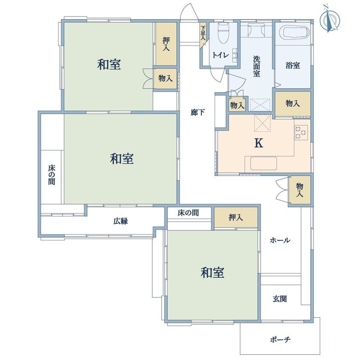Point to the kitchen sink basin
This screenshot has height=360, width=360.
264,163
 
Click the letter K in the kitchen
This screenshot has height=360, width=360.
259,143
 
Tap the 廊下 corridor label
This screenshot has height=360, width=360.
198,112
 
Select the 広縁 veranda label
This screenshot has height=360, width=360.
121,221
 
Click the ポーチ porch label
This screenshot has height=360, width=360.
280,339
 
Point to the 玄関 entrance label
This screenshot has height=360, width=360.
280,299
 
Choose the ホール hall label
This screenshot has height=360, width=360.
280,240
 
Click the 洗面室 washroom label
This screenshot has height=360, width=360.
257,67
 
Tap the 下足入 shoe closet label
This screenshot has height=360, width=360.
203,33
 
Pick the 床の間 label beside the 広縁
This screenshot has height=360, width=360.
188,213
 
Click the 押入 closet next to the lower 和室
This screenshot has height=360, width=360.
236,218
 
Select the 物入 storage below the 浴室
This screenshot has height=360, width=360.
293,104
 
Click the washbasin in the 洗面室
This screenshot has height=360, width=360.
256,31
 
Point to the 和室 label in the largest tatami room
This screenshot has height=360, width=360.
122,159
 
